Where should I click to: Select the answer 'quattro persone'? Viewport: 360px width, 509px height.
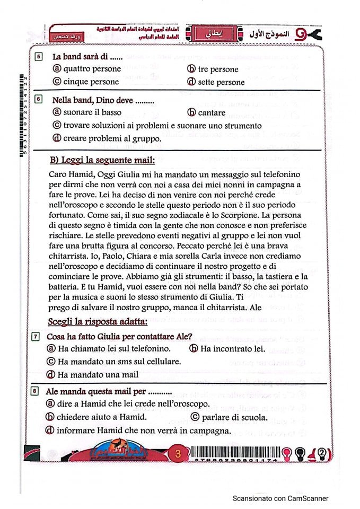click(92, 69)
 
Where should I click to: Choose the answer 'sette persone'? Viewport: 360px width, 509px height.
click(221, 82)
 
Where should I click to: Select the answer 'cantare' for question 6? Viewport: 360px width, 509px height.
click(212, 112)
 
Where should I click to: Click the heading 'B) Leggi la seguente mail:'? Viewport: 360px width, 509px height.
click(102, 160)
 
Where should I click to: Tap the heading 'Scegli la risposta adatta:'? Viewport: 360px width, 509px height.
click(90, 322)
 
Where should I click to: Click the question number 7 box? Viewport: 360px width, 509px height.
click(36, 336)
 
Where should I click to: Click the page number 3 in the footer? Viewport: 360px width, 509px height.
click(178, 454)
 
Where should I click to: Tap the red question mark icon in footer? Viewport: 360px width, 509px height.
click(322, 454)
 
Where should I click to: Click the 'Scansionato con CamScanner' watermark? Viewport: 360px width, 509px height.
click(280, 498)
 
